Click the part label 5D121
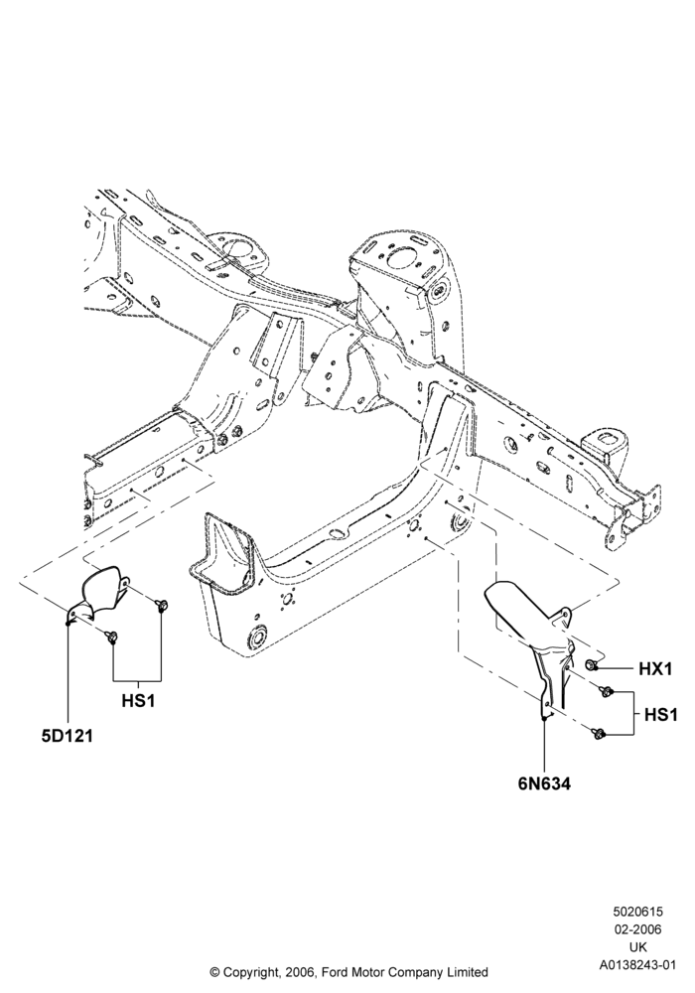pyautogui.click(x=68, y=735)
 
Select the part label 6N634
pyautogui.click(x=544, y=783)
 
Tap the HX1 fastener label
pyautogui.click(x=654, y=668)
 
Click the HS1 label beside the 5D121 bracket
pyautogui.click(x=137, y=701)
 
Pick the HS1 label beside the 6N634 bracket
pyautogui.click(x=661, y=715)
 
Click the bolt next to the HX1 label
pyautogui.click(x=591, y=665)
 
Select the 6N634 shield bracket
pyautogui.click(x=538, y=639)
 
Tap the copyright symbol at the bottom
pyautogui.click(x=213, y=972)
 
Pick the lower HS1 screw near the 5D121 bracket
pyautogui.click(x=111, y=638)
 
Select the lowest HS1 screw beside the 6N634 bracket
pyautogui.click(x=597, y=733)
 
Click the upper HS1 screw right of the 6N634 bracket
pyautogui.click(x=605, y=691)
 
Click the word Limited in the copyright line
pyautogui.click(x=469, y=972)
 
